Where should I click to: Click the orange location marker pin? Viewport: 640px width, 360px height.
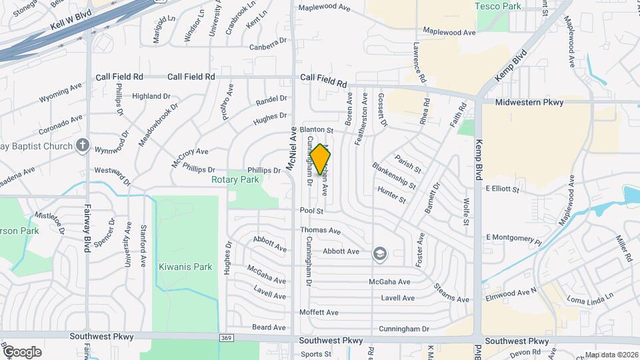pos(321,159)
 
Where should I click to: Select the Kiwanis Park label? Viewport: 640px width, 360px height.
pos(185,267)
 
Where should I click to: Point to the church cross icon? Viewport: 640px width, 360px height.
pos(82,145)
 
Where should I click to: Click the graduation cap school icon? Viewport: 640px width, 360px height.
pos(379,252)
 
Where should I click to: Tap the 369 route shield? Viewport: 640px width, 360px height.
pos(226,339)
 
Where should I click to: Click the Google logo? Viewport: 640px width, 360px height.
pos(21,351)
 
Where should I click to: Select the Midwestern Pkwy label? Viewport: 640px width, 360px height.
pos(529,102)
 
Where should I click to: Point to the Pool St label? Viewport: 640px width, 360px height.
pos(311,211)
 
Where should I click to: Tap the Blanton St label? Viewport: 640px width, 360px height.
pos(316,129)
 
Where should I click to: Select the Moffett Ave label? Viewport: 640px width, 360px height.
pos(319,312)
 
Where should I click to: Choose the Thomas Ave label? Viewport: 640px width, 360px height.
pos(320,231)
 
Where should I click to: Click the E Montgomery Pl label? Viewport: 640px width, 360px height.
pos(513,237)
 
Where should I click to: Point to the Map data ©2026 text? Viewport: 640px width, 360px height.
pos(611,355)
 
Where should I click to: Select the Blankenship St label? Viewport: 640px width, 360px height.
pos(394,176)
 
